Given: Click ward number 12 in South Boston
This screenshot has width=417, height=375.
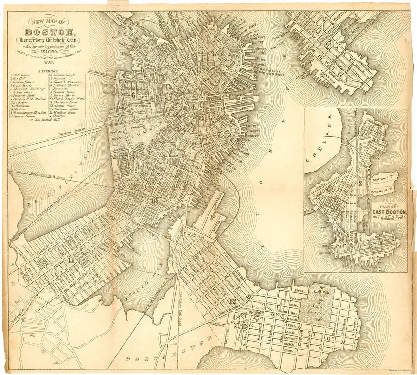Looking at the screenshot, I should (232, 301).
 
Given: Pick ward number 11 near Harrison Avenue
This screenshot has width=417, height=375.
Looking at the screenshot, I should (71, 260).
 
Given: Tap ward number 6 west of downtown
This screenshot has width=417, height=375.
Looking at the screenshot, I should (133, 95).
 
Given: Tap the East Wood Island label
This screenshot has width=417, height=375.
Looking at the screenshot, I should (382, 178).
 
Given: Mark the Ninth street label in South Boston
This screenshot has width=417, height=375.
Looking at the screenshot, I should (289, 351).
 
